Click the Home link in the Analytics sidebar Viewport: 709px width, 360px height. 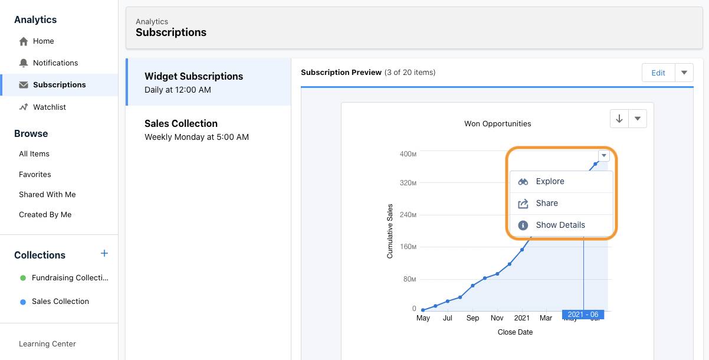tap(43, 41)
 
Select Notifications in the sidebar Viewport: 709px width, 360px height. tap(55, 63)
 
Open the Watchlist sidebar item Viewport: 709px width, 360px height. tap(49, 107)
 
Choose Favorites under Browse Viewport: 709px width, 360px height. tap(35, 175)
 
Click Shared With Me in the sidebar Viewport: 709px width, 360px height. tap(47, 195)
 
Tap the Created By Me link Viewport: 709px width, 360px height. tap(45, 215)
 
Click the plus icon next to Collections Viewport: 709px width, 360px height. tap(104, 254)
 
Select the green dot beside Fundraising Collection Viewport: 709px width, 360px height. tap(23, 278)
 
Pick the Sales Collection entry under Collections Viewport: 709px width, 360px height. tap(60, 302)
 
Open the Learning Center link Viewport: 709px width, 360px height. tap(47, 344)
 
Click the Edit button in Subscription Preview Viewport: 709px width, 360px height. tap(658, 73)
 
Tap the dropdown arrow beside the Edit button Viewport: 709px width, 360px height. tap(684, 73)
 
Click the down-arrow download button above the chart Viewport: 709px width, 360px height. tap(619, 119)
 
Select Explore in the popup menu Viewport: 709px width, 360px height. tap(550, 182)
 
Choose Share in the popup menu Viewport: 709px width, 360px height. tap(547, 204)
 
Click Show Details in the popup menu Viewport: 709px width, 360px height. tap(560, 225)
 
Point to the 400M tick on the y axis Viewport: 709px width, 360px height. tap(408, 154)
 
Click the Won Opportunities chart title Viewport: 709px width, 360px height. tap(497, 124)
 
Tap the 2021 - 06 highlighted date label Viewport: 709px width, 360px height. tap(583, 315)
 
